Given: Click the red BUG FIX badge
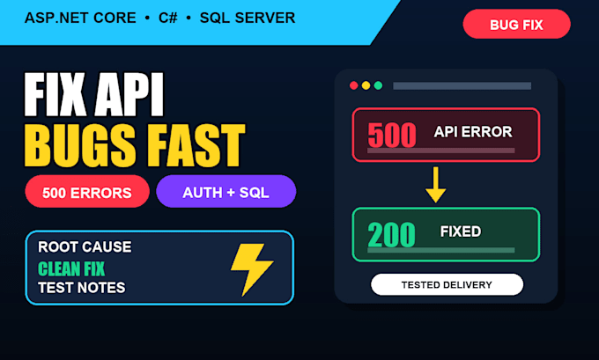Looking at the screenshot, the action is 516,24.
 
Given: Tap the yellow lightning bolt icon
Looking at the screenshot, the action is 251,269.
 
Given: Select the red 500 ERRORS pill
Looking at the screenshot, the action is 87,192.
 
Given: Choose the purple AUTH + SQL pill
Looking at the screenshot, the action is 226,192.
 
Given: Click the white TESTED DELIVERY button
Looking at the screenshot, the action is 447,284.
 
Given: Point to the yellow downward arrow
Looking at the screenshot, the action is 435,185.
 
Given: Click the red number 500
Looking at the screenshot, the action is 392,135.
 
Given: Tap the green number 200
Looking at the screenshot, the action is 391,234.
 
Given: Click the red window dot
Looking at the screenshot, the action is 354,85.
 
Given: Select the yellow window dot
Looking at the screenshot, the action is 366,85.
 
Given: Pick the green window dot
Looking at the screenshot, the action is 378,85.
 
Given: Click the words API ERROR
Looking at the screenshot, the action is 473,132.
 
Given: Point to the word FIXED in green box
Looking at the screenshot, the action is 461,231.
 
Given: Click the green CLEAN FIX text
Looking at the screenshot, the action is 71,268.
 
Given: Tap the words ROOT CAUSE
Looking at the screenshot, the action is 85,247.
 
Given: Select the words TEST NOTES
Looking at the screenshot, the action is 82,288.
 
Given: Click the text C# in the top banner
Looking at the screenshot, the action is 168,18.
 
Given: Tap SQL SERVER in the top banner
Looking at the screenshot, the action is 248,18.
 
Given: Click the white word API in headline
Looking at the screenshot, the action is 129,94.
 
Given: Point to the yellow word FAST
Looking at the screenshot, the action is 196,145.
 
